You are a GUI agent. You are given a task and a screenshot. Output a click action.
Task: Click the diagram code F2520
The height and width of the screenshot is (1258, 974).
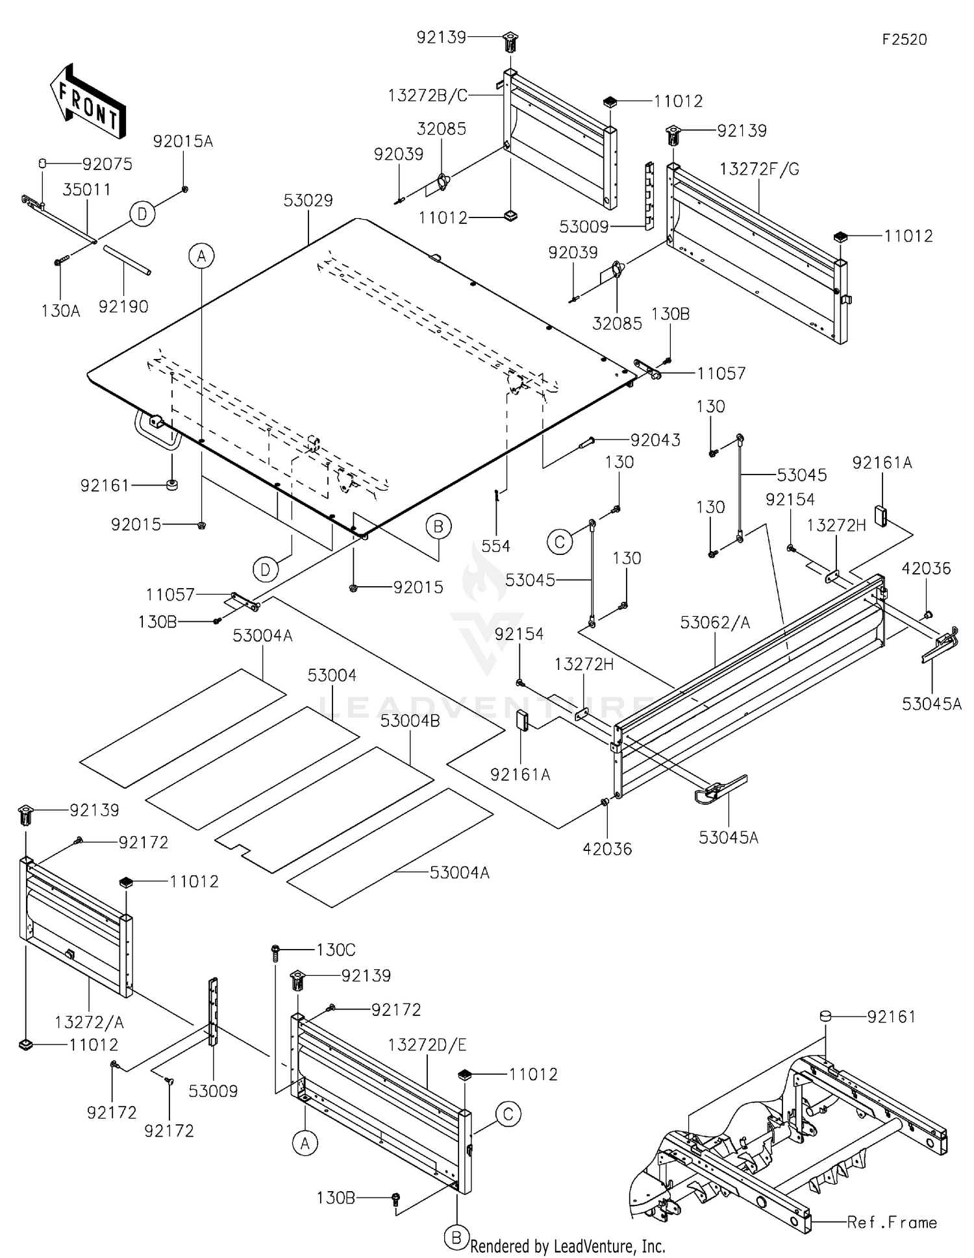(x=905, y=40)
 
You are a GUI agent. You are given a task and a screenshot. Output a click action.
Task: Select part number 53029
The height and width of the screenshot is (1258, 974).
(x=308, y=200)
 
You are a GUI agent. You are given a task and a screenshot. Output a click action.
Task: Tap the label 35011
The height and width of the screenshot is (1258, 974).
(x=86, y=190)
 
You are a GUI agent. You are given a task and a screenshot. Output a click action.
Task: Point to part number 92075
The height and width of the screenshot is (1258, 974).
(x=107, y=164)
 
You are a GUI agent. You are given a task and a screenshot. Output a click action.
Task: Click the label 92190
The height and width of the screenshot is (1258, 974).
(x=123, y=306)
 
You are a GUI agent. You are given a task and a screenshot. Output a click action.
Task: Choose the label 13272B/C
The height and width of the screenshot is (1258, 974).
(x=428, y=95)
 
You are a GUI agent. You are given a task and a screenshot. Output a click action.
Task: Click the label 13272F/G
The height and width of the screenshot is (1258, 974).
(x=760, y=169)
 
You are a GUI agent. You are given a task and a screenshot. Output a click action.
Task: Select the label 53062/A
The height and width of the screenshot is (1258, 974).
(x=715, y=623)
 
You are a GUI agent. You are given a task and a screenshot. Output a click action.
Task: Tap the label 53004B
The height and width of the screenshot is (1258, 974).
(x=410, y=721)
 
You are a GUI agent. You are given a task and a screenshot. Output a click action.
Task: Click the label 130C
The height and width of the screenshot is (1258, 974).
(x=336, y=950)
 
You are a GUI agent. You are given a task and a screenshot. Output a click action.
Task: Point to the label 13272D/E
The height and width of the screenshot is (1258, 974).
(x=427, y=1045)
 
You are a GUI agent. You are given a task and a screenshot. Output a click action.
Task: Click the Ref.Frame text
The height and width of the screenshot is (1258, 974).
(x=892, y=1222)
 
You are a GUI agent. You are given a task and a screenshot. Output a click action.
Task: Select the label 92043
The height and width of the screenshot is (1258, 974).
(x=656, y=440)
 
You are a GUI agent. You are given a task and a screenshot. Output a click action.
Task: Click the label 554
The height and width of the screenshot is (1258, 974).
(x=496, y=546)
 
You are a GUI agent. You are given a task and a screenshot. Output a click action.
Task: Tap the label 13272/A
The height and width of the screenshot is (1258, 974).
(x=89, y=1022)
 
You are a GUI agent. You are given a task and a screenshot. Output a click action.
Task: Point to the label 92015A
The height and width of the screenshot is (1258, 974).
(x=183, y=142)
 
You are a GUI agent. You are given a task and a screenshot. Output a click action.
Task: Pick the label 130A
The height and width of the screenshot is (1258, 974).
(x=60, y=311)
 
